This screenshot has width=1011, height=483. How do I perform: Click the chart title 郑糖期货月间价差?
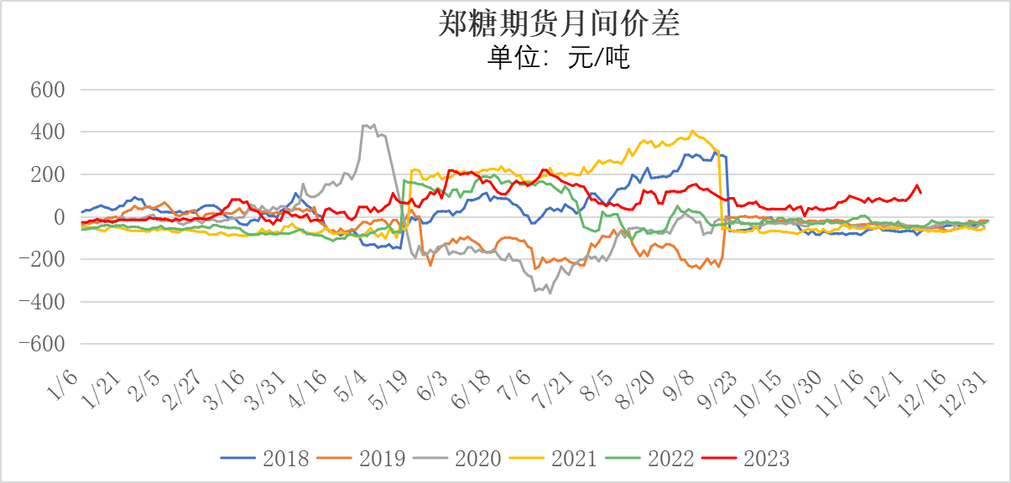(559, 24)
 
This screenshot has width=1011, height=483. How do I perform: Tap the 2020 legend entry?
(477, 458)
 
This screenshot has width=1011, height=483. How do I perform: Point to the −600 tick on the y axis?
(44, 345)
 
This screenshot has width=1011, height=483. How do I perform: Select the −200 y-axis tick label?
(44, 260)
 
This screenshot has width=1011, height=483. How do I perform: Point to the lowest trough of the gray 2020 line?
(550, 293)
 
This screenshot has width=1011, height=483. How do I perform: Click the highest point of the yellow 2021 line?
(692, 131)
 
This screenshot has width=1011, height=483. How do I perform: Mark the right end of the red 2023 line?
(921, 193)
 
